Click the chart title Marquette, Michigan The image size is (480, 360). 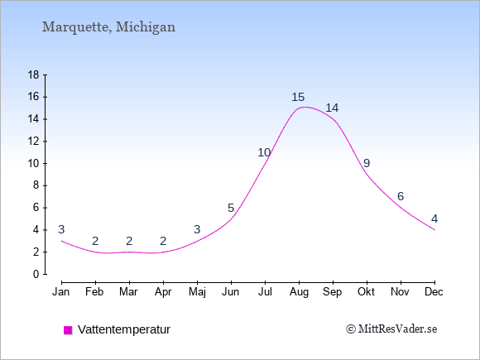click(x=108, y=27)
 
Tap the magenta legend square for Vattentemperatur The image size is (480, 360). click(x=68, y=330)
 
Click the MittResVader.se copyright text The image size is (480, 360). click(x=391, y=329)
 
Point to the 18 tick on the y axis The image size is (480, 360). click(x=34, y=74)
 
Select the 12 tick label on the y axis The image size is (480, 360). click(x=34, y=142)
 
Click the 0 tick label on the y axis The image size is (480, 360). click(x=36, y=274)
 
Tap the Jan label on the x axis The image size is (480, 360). click(x=61, y=292)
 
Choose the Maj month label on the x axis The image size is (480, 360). click(x=197, y=292)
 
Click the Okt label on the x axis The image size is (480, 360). click(x=366, y=292)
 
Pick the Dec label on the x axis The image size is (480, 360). click(x=434, y=292)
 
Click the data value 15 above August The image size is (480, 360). click(x=298, y=97)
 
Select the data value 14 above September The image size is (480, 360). click(x=332, y=108)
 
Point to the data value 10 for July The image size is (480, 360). click(x=264, y=152)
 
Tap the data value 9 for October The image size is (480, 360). click(x=367, y=163)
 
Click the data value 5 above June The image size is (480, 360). click(x=231, y=208)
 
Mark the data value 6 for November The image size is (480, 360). click(x=401, y=196)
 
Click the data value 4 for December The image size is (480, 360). click(x=434, y=218)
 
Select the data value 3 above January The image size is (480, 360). click(x=61, y=229)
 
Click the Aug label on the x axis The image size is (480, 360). click(x=299, y=292)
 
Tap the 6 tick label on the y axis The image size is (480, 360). click(x=36, y=208)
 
